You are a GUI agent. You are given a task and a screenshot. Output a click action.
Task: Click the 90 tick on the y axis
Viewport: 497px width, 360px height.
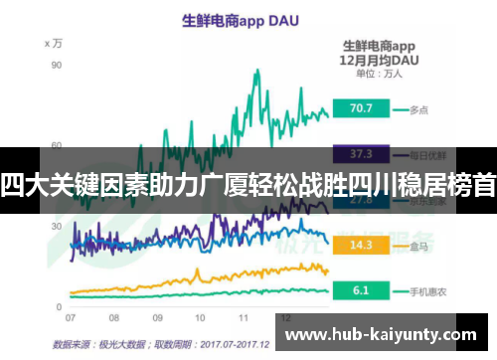[x=57, y=65]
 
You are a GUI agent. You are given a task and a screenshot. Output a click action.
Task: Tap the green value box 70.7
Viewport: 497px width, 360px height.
[x=361, y=108]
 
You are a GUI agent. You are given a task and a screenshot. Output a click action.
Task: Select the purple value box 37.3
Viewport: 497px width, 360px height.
[x=361, y=153]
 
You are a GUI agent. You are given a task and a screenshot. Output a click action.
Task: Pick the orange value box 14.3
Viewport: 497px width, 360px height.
[x=361, y=245]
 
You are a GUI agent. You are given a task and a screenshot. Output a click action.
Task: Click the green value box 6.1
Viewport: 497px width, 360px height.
[x=361, y=290]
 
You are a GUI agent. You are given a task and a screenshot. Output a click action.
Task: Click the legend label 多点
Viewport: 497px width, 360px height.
[x=418, y=108]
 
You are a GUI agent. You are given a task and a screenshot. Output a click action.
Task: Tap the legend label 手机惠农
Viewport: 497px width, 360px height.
[x=426, y=290]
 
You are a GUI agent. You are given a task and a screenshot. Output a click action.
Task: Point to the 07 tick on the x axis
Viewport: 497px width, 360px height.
[x=71, y=317]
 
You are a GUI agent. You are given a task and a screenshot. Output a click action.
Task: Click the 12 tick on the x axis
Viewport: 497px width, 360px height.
[x=285, y=317]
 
